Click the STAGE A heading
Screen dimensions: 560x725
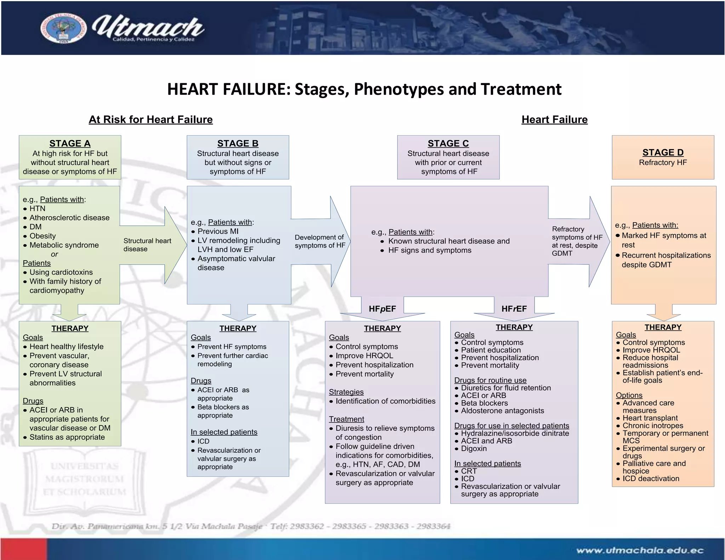point(70,143)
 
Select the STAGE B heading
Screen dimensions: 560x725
point(238,143)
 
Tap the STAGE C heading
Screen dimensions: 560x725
point(448,143)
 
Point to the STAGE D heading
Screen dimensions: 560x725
point(663,152)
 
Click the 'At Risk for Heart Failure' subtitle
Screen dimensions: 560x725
point(150,120)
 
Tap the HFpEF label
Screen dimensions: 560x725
point(382,309)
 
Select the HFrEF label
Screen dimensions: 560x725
point(514,309)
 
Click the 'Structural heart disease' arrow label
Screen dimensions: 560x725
point(147,245)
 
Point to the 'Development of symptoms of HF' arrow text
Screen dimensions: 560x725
point(319,241)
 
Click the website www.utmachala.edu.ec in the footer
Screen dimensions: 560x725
point(639,550)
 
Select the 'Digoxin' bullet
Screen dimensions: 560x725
point(474,448)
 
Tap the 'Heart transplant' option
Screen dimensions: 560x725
point(650,418)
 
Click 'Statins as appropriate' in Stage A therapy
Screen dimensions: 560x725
point(67,437)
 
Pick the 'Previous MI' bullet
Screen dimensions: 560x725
point(218,231)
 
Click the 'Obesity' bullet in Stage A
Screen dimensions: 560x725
point(42,236)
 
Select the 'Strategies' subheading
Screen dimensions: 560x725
point(346,392)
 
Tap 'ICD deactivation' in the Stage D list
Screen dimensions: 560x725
point(651,479)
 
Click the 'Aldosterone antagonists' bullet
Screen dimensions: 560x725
point(502,411)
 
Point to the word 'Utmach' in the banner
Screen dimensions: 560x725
point(148,27)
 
